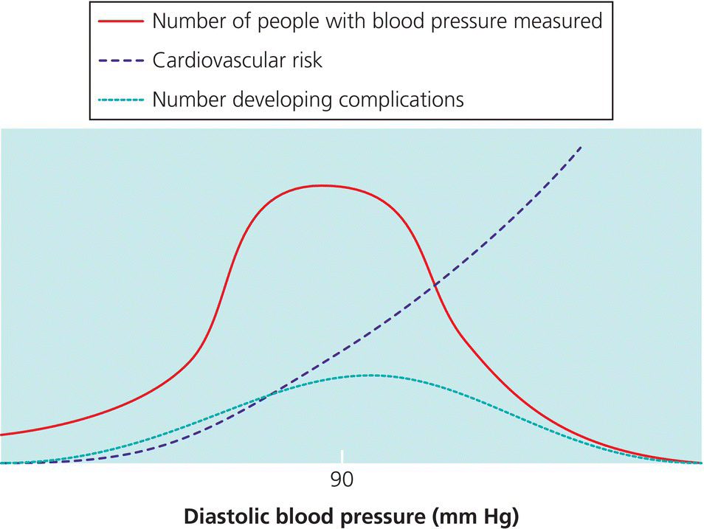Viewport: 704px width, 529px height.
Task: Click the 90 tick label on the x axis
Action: (x=342, y=480)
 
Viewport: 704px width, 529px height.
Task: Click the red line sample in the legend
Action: (x=120, y=21)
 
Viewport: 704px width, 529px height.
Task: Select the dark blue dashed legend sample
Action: (x=120, y=60)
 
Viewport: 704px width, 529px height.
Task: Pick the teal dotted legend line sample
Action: (x=120, y=99)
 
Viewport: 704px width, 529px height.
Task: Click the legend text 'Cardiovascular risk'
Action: (x=237, y=60)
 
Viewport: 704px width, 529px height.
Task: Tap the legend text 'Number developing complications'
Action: (x=308, y=99)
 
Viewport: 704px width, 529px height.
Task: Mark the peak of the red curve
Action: (x=321, y=185)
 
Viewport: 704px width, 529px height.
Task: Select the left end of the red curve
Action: (x=2, y=435)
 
